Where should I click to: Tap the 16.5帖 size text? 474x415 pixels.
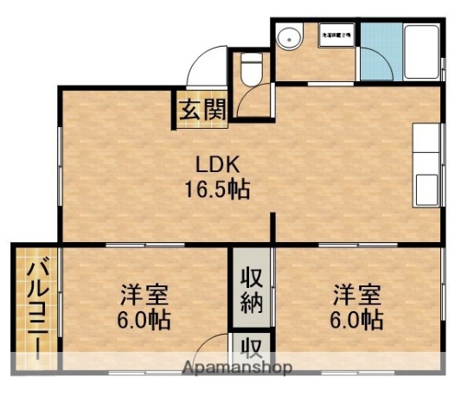click(x=215, y=190)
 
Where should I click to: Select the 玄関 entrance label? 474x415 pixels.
click(x=204, y=110)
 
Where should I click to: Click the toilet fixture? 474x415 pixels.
click(x=253, y=68)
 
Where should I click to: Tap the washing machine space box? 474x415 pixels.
click(x=336, y=35)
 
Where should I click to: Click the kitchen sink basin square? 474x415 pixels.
click(x=427, y=186)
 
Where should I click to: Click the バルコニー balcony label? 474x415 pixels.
click(x=36, y=310)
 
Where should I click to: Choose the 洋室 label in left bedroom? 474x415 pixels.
click(x=144, y=295)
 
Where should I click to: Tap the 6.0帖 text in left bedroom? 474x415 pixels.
click(x=144, y=321)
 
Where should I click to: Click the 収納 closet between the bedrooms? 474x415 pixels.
click(x=252, y=290)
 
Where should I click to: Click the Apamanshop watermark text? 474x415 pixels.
click(x=237, y=367)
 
